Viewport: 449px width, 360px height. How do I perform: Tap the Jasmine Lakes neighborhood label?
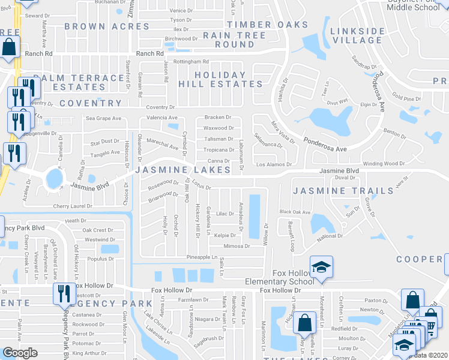pos(183,170)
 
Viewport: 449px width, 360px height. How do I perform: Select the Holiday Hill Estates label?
pos(220,79)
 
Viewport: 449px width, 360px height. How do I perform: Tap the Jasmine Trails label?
pos(343,191)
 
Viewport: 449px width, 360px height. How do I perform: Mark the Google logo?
pos(20,353)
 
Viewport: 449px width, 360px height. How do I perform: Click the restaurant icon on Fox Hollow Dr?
pos(62,293)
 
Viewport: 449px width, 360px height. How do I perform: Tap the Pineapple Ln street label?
pos(201,257)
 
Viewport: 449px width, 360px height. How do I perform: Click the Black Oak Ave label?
pos(295,212)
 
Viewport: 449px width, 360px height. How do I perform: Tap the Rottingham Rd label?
pos(191,62)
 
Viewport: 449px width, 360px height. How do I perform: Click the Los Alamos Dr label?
pos(274,164)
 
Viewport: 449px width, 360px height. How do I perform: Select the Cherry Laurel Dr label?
pos(73,206)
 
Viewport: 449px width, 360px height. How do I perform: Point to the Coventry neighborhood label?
pos(90,103)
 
